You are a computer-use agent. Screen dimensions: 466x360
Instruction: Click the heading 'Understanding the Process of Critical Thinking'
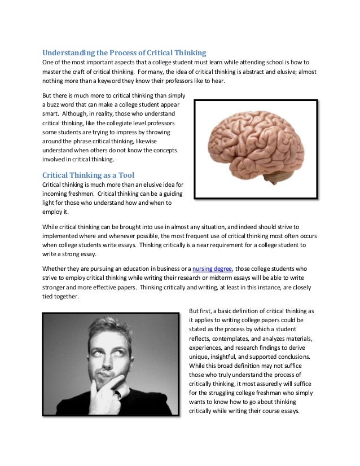125,52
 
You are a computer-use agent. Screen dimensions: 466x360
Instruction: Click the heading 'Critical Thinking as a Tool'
88,175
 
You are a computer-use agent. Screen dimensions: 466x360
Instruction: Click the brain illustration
255,150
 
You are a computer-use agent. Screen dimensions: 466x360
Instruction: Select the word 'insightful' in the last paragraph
230,357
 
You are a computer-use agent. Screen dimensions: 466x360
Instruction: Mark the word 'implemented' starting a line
60,235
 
